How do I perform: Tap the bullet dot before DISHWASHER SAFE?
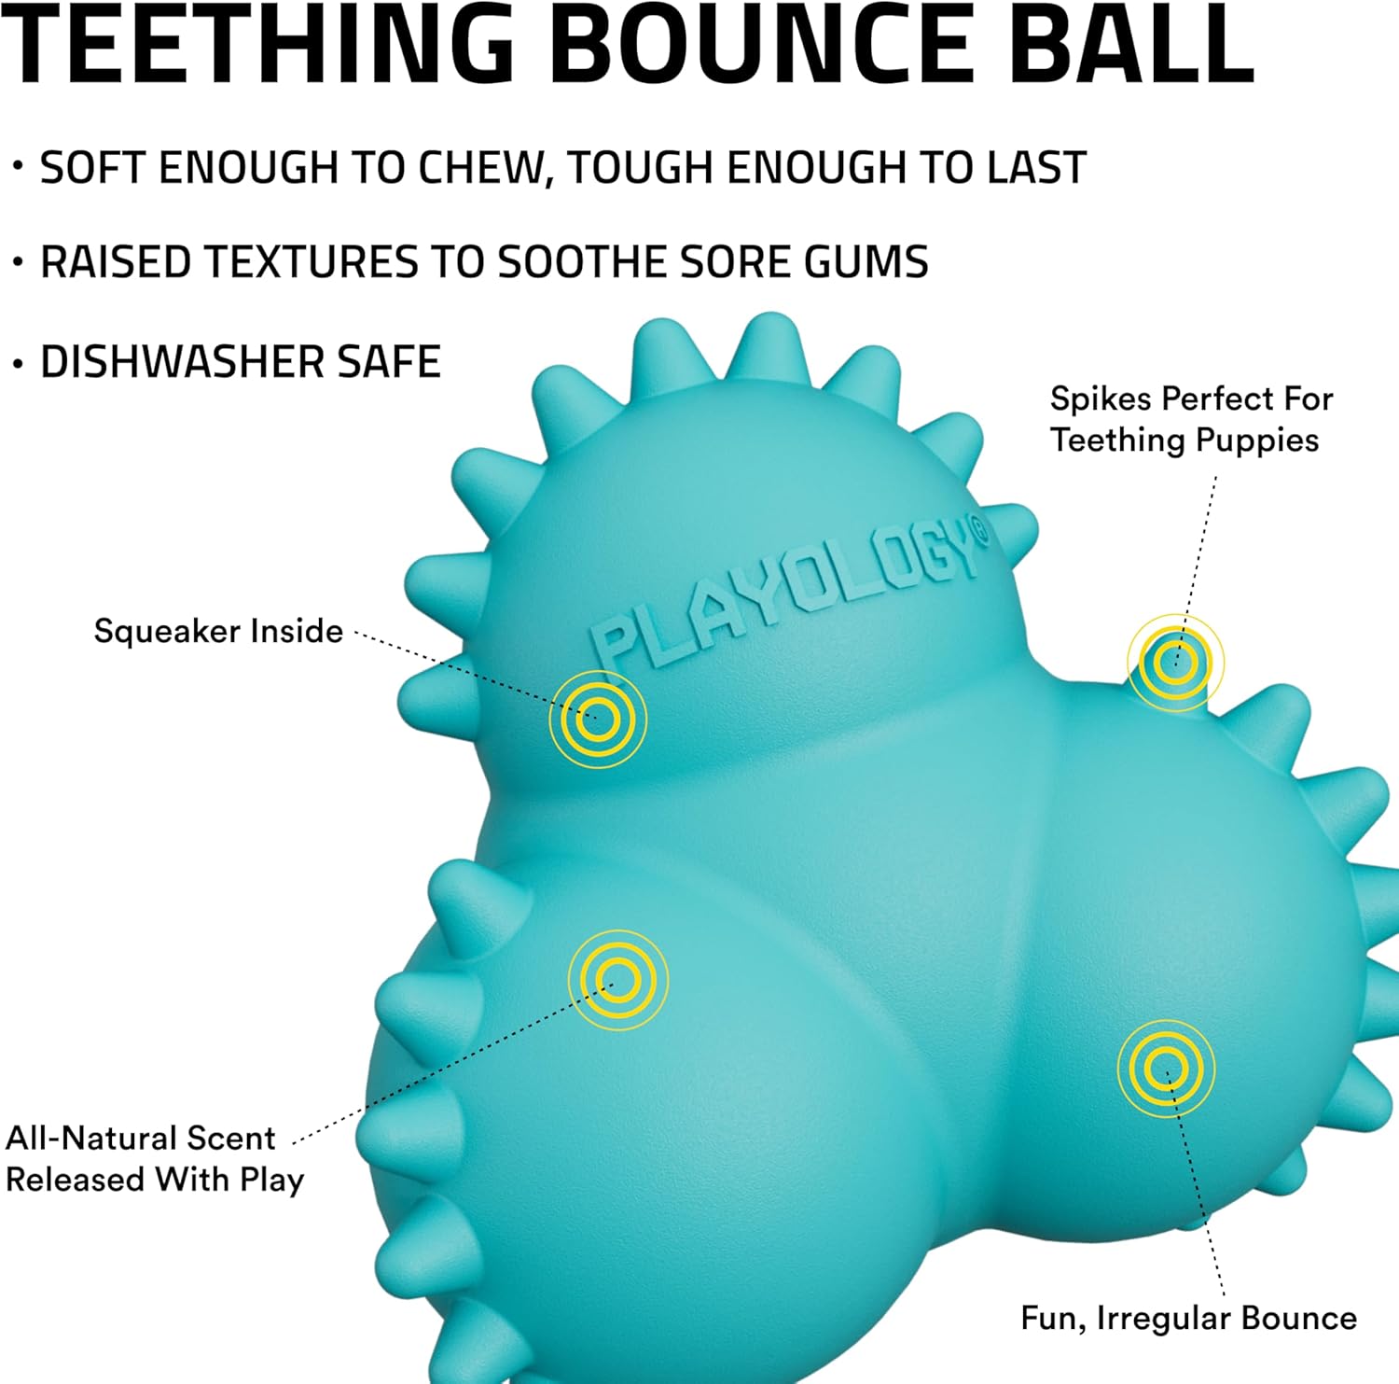tap(17, 364)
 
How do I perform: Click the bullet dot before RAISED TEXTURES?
tap(17, 263)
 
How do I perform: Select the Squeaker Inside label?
tap(218, 632)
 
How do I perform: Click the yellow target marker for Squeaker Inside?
tap(598, 720)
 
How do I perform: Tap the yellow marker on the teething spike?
tap(1175, 663)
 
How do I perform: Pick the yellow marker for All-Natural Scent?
tap(618, 980)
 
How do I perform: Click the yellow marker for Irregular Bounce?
tap(1166, 1068)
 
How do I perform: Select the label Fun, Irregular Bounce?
tap(1188, 1319)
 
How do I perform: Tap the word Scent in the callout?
tap(230, 1139)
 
